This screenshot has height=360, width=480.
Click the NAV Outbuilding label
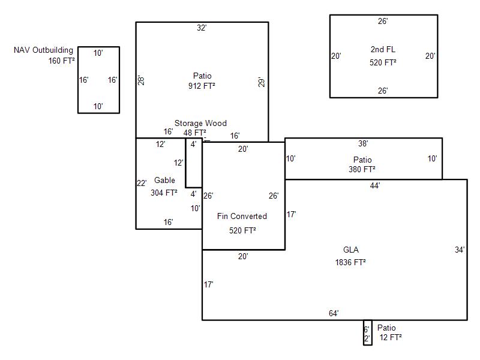(x=43, y=50)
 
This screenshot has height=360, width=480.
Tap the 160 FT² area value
(x=62, y=61)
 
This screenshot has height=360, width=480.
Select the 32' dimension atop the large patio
(x=202, y=28)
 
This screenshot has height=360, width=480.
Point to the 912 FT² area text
(x=202, y=86)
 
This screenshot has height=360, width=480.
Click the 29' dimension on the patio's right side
(x=261, y=82)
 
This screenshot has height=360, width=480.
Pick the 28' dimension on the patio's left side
(x=141, y=80)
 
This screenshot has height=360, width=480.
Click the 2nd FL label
(x=383, y=50)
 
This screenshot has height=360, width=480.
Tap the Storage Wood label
(x=200, y=124)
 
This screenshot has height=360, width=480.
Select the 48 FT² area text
(x=195, y=133)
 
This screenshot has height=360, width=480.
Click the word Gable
(x=164, y=180)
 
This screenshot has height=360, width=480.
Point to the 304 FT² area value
(x=164, y=193)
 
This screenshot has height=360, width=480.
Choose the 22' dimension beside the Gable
(x=142, y=184)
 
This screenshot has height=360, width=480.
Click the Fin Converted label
(x=242, y=216)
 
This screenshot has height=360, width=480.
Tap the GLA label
(x=351, y=250)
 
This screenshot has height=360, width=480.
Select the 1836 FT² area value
(x=350, y=262)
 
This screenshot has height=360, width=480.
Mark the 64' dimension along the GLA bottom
(x=334, y=313)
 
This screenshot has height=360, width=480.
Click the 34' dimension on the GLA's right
(x=460, y=250)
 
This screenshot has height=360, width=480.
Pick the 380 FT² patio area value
(x=362, y=169)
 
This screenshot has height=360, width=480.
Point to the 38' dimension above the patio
(x=363, y=144)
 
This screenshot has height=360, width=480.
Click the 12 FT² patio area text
(x=391, y=337)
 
